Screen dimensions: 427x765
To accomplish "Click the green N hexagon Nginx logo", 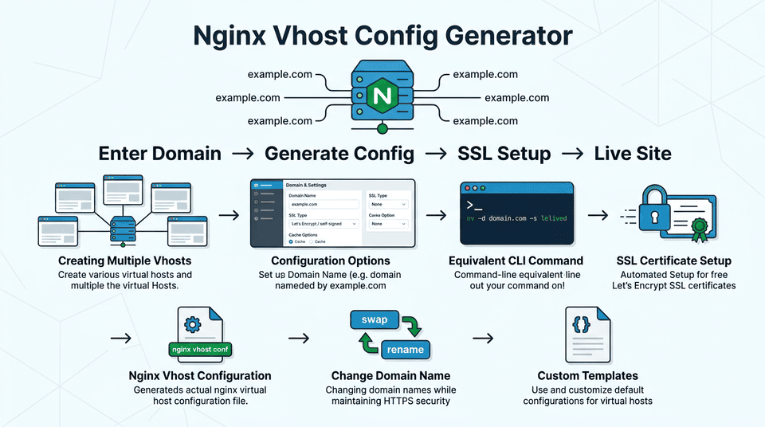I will (x=382, y=96).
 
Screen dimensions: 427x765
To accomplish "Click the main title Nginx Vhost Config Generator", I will (x=382, y=37).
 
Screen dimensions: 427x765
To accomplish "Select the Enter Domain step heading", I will (x=159, y=154).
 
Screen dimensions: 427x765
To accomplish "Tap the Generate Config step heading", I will (x=339, y=154).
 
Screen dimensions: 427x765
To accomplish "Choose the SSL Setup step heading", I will (x=504, y=154).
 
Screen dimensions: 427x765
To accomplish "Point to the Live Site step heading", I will (x=633, y=154).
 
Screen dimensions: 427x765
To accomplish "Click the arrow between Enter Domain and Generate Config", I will (x=243, y=154).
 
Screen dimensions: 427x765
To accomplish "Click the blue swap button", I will (x=375, y=320).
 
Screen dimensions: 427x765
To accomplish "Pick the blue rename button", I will (x=404, y=350).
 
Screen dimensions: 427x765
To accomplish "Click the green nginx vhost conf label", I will (x=200, y=349).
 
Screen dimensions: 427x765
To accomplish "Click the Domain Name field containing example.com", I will (x=322, y=205).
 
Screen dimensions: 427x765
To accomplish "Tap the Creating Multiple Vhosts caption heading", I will (x=125, y=261).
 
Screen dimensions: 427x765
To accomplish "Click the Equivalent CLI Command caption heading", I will (x=516, y=261).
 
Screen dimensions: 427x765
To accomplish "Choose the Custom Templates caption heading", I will (x=587, y=376).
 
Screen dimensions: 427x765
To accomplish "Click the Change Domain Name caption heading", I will (x=390, y=376).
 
